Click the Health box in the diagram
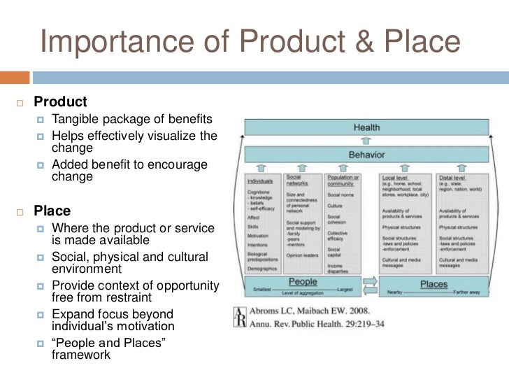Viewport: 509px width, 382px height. (366, 128)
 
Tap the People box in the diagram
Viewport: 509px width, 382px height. (302, 282)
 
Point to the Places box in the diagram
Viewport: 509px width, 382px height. (433, 284)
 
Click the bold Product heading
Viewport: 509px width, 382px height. (61, 102)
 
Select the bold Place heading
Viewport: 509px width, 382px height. (52, 211)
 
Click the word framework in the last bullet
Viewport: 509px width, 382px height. (81, 355)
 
